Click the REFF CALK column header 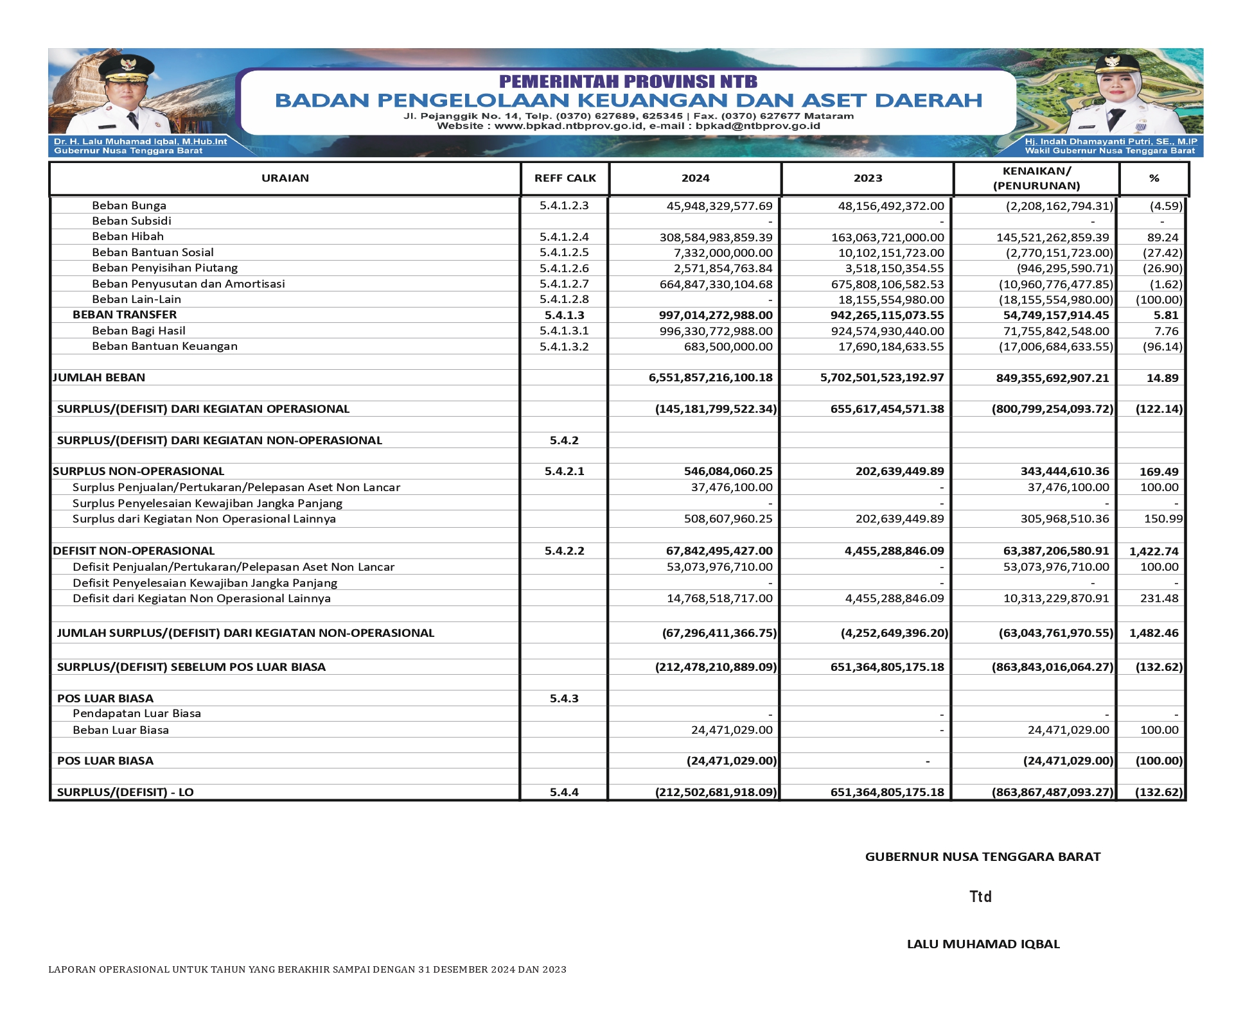pos(565,178)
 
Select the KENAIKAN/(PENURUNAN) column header pos(1036,178)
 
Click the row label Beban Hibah pos(128,236)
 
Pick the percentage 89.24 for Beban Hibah pos(1162,237)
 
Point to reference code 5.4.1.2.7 pos(564,284)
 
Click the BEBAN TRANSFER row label pos(125,315)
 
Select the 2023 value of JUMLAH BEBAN pos(881,377)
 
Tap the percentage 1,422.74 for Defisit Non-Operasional pos(1154,551)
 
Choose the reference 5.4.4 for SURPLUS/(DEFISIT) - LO pos(564,792)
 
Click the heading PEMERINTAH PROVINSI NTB pos(628,82)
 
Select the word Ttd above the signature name pos(980,897)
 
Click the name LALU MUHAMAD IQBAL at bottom pos(983,944)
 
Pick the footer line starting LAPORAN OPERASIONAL pos(307,969)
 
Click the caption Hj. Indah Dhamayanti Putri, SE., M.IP pos(1111,141)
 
